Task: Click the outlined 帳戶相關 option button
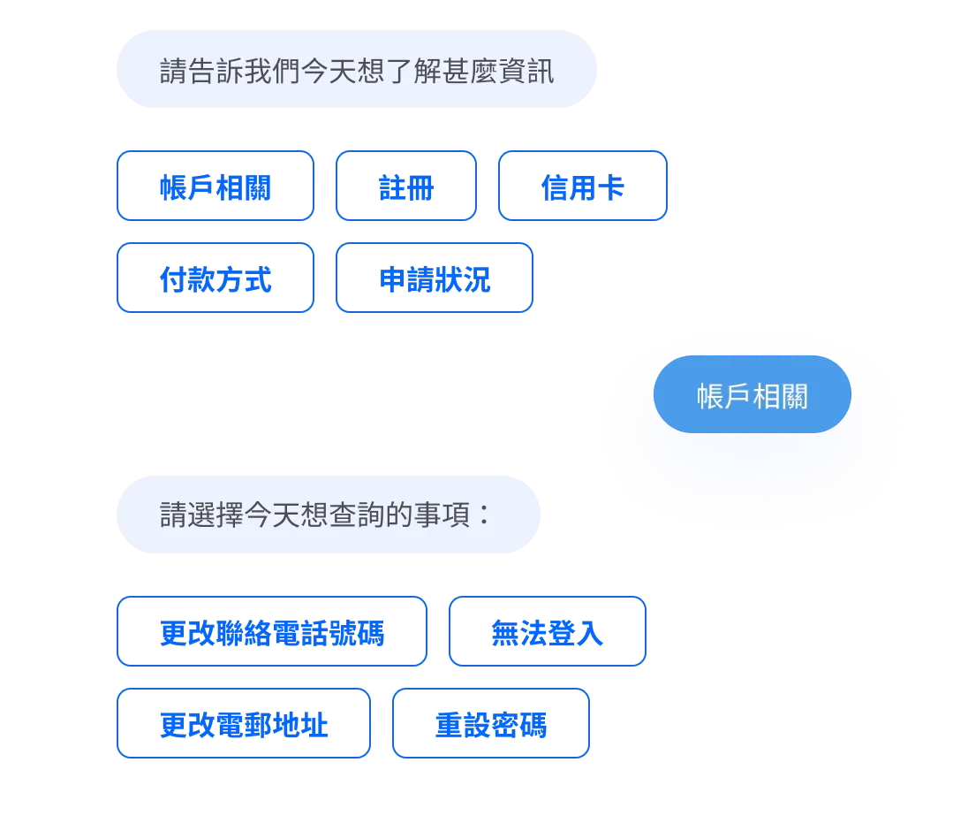pos(215,186)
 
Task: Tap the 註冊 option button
pos(406,186)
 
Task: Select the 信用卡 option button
pos(583,186)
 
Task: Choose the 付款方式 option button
pos(215,278)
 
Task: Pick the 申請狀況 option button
pos(434,278)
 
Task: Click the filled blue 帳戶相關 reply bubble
pos(752,395)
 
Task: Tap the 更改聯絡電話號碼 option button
pos(271,632)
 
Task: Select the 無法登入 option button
pos(548,632)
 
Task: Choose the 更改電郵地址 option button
pos(243,724)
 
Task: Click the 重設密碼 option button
pos(490,724)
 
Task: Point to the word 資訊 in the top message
pos(526,71)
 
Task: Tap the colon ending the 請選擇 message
pos(482,515)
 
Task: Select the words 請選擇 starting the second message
pos(201,515)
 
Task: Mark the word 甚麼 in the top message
pos(470,71)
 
